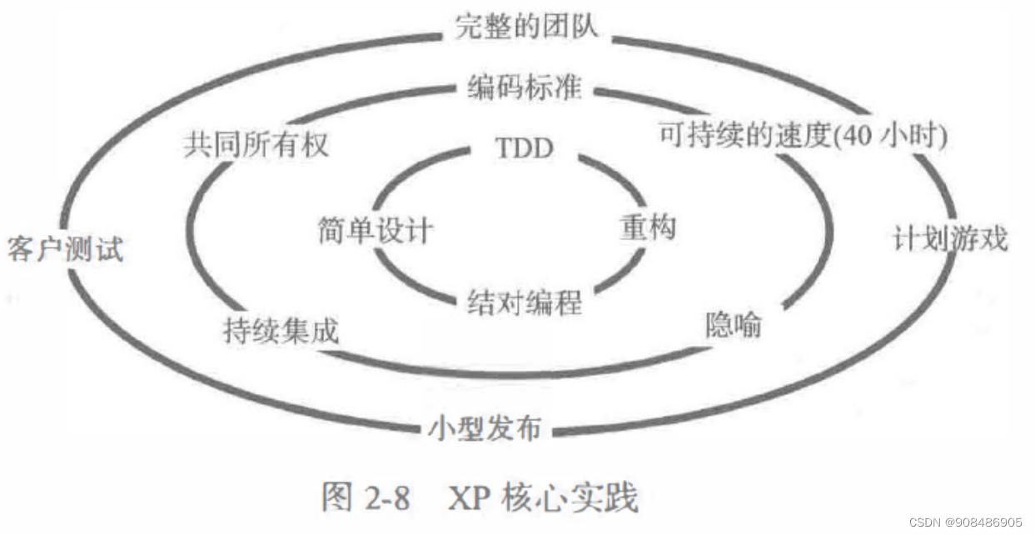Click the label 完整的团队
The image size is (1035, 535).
pyautogui.click(x=526, y=27)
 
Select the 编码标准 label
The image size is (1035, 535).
pyautogui.click(x=524, y=88)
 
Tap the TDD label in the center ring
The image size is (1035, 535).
pyautogui.click(x=525, y=149)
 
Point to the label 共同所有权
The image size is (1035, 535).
pyautogui.click(x=256, y=145)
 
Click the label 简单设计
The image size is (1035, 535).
pyautogui.click(x=376, y=229)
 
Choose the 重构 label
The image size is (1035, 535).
pyautogui.click(x=648, y=227)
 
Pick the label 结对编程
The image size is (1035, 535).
pyautogui.click(x=525, y=302)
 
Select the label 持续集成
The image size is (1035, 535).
pyautogui.click(x=281, y=331)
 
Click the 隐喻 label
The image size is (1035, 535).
pyautogui.click(x=734, y=325)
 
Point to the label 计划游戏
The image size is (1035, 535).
pyautogui.click(x=950, y=239)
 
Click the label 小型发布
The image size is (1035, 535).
pyautogui.click(x=485, y=429)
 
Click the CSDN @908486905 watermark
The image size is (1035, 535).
pyautogui.click(x=965, y=522)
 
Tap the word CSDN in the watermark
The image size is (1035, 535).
pyautogui.click(x=924, y=522)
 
